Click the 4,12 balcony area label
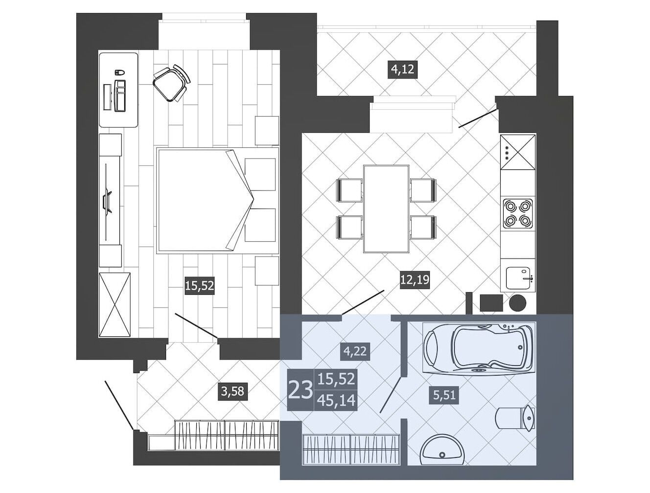pyautogui.click(x=402, y=70)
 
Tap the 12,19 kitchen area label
pyautogui.click(x=415, y=279)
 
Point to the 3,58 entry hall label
pyautogui.click(x=232, y=392)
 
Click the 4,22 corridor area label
pyautogui.click(x=355, y=352)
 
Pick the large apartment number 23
pyautogui.click(x=300, y=390)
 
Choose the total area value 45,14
pyautogui.click(x=336, y=400)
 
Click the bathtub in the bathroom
pyautogui.click(x=479, y=349)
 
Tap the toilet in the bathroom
pyautogui.click(x=515, y=418)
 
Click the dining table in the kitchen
pyautogui.click(x=386, y=209)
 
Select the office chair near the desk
pyautogui.click(x=171, y=83)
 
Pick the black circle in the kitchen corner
pyautogui.click(x=518, y=303)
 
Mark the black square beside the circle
pyautogui.click(x=491, y=303)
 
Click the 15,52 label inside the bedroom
pyautogui.click(x=199, y=286)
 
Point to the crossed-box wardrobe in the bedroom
pyautogui.click(x=115, y=305)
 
